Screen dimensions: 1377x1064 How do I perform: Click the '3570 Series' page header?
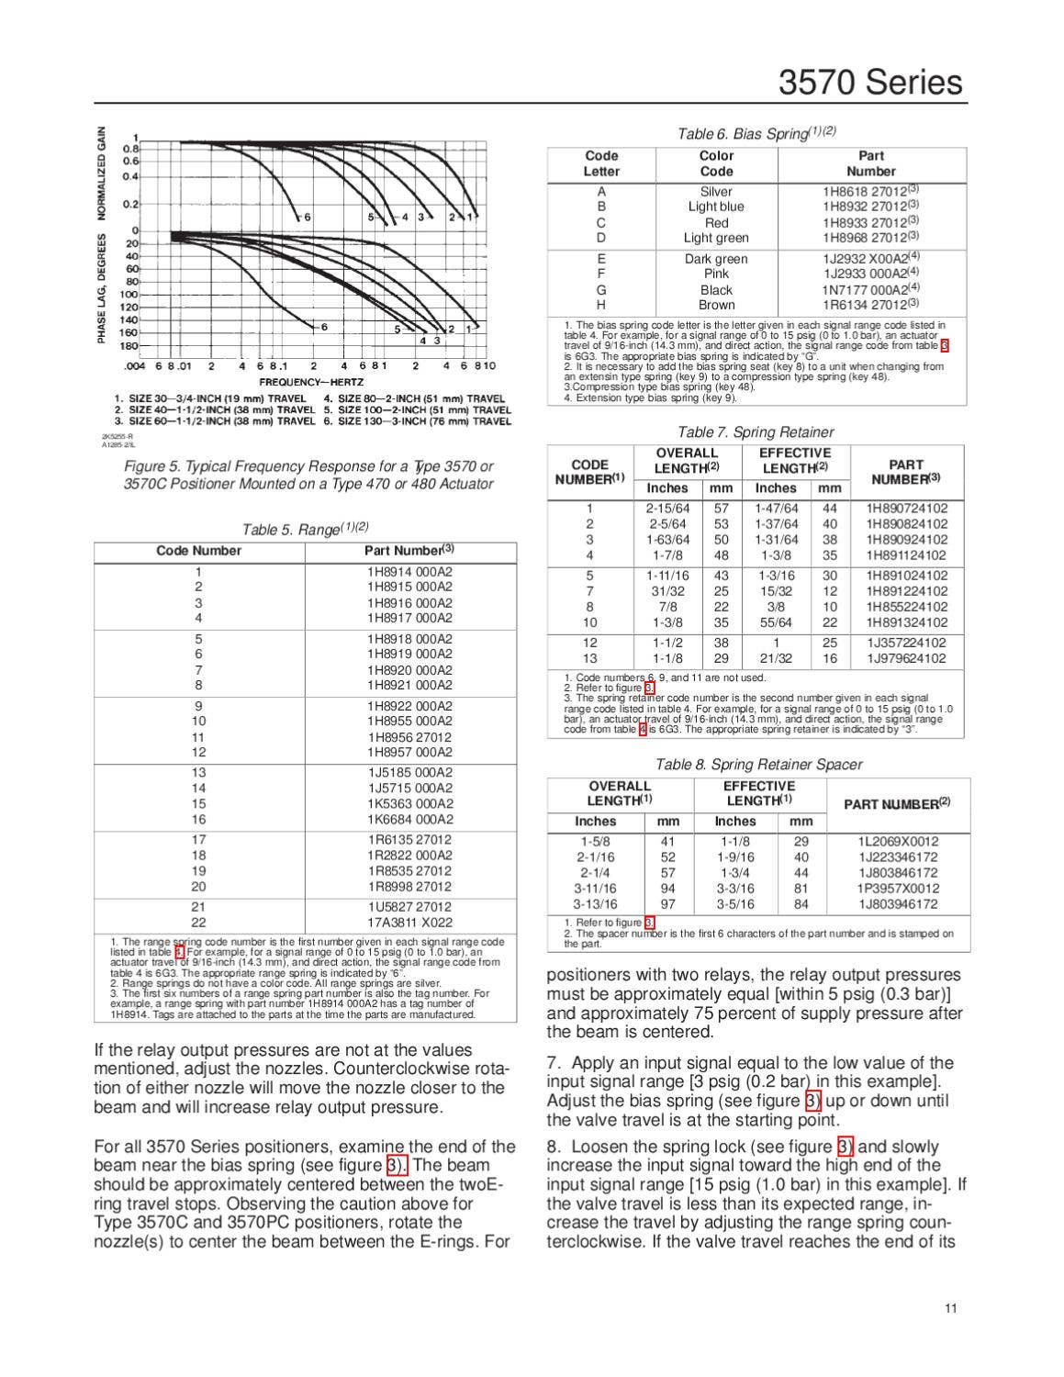click(x=870, y=83)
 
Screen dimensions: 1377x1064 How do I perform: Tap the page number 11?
click(x=950, y=1308)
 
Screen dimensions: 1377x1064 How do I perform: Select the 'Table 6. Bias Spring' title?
click(x=756, y=133)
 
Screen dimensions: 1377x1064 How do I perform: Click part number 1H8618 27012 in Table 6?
click(x=870, y=192)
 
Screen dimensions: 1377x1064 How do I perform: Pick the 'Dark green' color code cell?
click(x=716, y=259)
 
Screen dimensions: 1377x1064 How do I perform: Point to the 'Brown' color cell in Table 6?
click(x=716, y=305)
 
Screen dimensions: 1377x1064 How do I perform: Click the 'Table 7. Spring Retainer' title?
click(x=756, y=431)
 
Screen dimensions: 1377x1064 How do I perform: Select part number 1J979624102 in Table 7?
click(x=907, y=658)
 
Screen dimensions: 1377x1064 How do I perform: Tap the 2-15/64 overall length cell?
click(x=667, y=508)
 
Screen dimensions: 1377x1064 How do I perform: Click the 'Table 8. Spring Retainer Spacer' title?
click(x=758, y=764)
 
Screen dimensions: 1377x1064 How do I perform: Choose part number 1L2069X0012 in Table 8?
click(x=898, y=841)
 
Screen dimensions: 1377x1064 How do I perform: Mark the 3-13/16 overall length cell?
click(x=595, y=903)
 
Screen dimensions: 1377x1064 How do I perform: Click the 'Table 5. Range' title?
click(x=305, y=529)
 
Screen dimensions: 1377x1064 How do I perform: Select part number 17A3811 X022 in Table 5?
click(x=409, y=923)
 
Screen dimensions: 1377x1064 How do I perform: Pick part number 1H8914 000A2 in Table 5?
click(x=409, y=571)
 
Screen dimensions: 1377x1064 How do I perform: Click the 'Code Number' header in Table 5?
click(x=198, y=551)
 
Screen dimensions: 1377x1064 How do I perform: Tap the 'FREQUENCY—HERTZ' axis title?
click(x=311, y=382)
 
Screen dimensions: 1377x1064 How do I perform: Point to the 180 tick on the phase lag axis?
click(x=129, y=346)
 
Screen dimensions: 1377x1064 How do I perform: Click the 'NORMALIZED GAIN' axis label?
click(x=102, y=173)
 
